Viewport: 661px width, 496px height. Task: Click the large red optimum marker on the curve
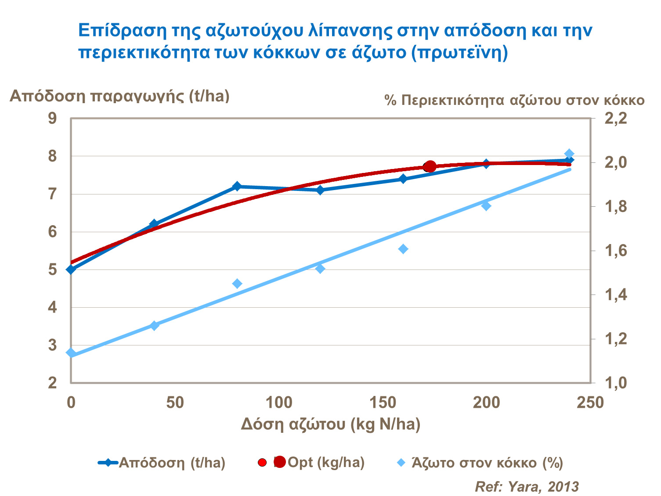tap(430, 166)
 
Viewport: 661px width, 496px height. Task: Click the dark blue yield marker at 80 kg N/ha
tap(237, 186)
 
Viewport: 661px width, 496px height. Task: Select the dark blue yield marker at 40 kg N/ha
tap(154, 224)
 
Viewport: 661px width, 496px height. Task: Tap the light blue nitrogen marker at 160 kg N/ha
tap(403, 249)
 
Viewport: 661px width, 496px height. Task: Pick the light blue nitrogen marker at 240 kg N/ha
tap(569, 154)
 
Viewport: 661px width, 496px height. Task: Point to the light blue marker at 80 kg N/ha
tap(237, 284)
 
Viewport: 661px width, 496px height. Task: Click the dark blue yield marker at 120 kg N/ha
tap(320, 190)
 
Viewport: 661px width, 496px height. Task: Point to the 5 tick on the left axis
tap(53, 269)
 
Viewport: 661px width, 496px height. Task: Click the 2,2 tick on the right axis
tap(617, 119)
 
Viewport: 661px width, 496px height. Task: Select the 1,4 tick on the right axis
tap(617, 295)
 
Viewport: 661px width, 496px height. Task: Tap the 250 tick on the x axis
tap(590, 403)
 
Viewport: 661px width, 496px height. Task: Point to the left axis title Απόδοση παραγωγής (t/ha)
tap(119, 96)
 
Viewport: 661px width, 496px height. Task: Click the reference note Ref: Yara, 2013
tap(527, 486)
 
